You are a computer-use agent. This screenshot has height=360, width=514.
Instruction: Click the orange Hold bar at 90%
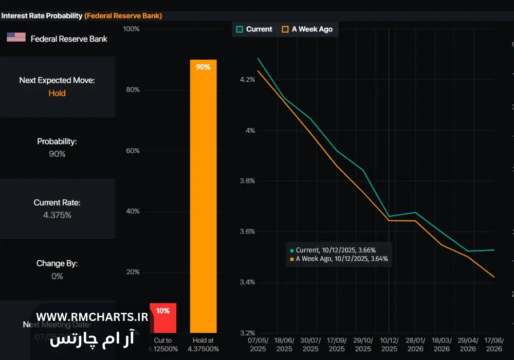(x=203, y=195)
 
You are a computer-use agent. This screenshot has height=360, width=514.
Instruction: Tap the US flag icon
(x=16, y=38)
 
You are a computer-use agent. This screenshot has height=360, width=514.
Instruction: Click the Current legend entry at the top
(x=254, y=29)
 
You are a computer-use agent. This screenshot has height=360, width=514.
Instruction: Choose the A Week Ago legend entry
(x=307, y=29)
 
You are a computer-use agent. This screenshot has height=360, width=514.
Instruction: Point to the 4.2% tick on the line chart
(x=247, y=80)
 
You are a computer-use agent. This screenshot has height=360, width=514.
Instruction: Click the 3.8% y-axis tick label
(x=247, y=181)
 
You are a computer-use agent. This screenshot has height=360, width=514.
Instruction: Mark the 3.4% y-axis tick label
(x=247, y=282)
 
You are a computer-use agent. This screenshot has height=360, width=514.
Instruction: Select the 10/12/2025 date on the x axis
(x=389, y=345)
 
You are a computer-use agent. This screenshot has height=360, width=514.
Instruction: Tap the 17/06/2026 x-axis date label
(x=494, y=345)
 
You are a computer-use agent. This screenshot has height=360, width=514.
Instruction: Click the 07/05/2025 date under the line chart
(x=259, y=345)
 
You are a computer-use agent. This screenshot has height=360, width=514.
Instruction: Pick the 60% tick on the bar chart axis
(x=133, y=151)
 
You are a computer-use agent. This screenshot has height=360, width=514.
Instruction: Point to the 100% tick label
(x=132, y=29)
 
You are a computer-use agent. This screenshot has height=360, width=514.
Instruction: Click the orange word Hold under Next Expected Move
(x=57, y=93)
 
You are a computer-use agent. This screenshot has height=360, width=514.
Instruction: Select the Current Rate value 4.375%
(x=57, y=215)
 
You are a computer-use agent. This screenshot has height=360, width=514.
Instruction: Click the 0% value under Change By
(x=57, y=276)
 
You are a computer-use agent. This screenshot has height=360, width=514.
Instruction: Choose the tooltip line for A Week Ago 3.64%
(x=339, y=259)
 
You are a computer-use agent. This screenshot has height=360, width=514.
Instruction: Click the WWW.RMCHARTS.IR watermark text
(x=92, y=317)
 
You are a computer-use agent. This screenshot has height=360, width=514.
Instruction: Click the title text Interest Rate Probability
(x=42, y=16)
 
